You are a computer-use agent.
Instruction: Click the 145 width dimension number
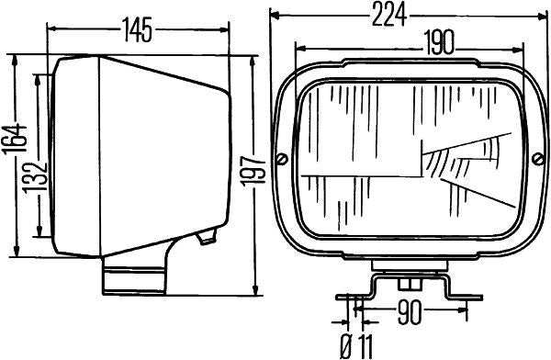point(138,30)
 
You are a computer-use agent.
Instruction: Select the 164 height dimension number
point(15,139)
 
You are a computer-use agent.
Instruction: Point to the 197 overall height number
point(253,172)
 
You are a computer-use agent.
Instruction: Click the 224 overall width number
point(389,15)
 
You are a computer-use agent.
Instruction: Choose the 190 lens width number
point(439,42)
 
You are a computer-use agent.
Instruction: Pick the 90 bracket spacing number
point(410,312)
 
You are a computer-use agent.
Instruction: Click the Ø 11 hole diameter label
point(356,345)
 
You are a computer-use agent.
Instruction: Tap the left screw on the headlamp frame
point(282,159)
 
